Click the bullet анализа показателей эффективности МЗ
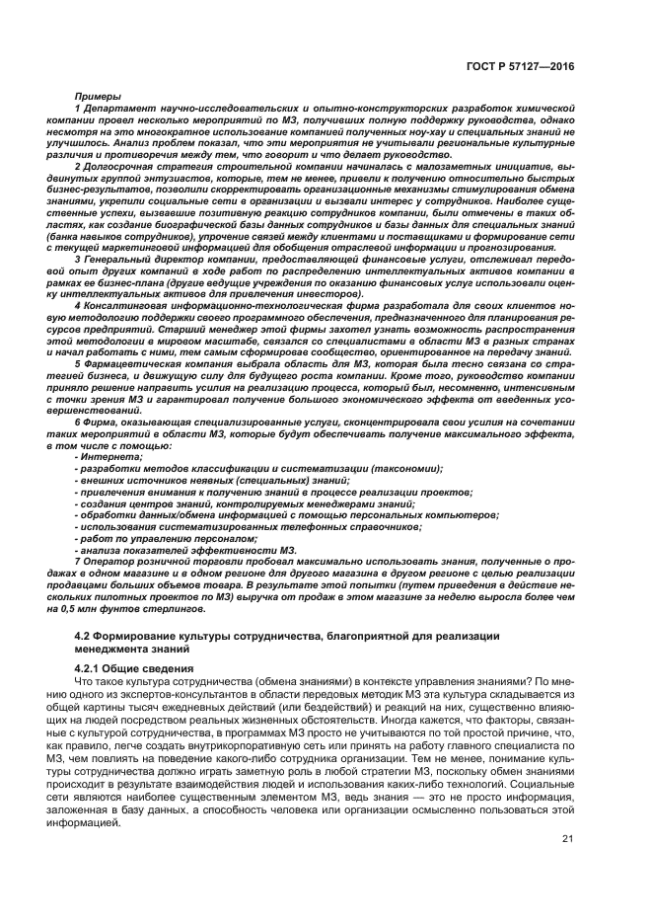click(x=185, y=549)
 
